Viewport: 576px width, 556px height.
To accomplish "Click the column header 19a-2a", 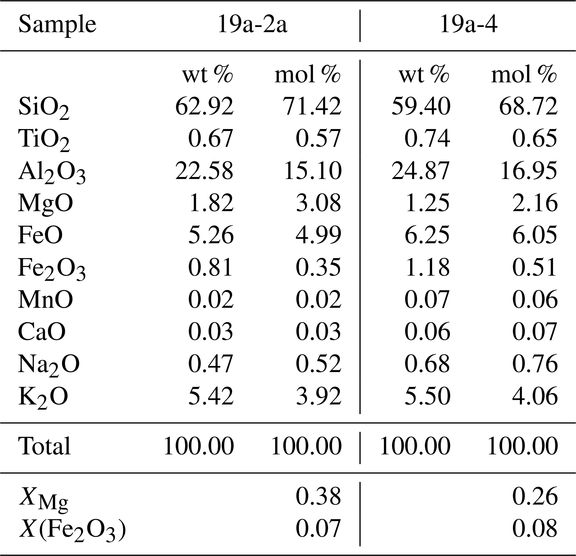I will click(x=252, y=25).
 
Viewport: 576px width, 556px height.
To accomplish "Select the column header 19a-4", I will click(x=468, y=25).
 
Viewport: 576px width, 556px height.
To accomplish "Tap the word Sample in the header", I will click(x=57, y=25).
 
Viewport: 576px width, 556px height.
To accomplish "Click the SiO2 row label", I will click(x=44, y=108).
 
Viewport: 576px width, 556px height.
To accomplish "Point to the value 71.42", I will click(x=312, y=106).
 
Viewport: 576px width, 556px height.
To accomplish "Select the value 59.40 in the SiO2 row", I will click(x=421, y=106).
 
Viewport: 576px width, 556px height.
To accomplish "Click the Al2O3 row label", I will click(x=52, y=172).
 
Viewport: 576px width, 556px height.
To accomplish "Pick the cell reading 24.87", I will click(x=421, y=171).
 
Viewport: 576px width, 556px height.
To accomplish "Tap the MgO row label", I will click(x=45, y=203).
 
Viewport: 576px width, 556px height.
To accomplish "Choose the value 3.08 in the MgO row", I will click(x=318, y=203).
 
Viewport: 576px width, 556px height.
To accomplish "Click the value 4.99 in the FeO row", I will click(x=318, y=235).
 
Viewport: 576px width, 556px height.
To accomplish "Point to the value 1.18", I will click(x=427, y=268).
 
